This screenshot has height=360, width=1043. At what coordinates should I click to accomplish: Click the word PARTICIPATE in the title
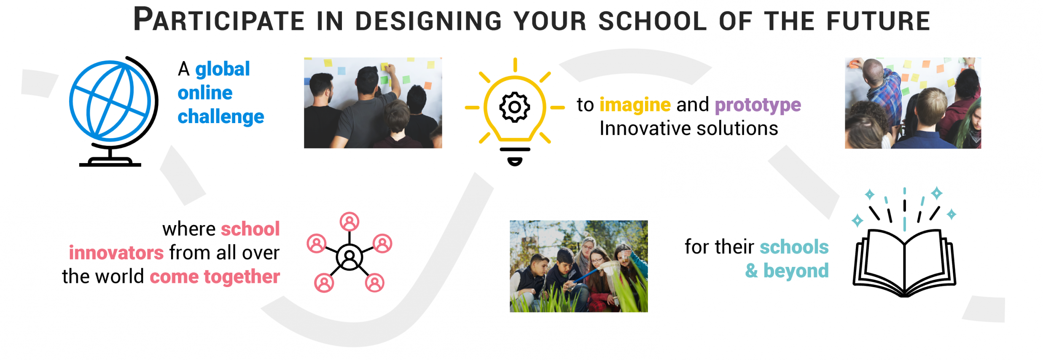[x=219, y=20]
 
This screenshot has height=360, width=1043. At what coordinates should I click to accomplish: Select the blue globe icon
[x=110, y=101]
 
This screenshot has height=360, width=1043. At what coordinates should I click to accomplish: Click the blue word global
[x=223, y=69]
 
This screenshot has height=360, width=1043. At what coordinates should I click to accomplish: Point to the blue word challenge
[x=221, y=117]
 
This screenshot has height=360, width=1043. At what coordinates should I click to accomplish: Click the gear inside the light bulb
[x=514, y=107]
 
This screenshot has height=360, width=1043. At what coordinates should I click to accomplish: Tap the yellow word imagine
[x=635, y=105]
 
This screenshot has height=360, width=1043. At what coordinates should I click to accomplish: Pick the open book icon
[x=904, y=262]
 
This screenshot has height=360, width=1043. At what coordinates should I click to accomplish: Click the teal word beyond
[x=796, y=271]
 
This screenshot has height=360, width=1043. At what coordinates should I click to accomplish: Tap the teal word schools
[x=794, y=247]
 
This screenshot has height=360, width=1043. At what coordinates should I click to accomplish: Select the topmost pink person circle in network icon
[x=349, y=222]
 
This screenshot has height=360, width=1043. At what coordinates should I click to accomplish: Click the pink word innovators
[x=116, y=253]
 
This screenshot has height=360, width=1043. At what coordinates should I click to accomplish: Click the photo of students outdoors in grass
[x=578, y=266]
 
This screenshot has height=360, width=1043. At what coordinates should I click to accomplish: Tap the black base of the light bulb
[x=515, y=156]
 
